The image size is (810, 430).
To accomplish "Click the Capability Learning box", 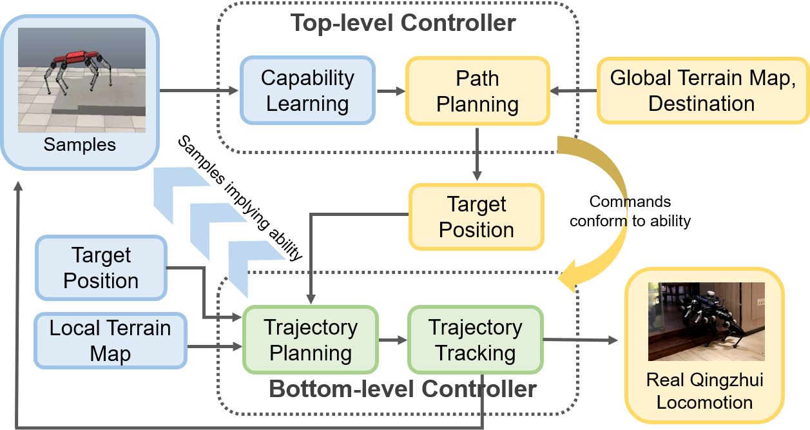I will [307, 91].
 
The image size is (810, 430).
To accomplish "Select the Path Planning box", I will [477, 91].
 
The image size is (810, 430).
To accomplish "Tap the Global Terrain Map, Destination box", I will [702, 91].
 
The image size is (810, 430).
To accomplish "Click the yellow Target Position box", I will [477, 217].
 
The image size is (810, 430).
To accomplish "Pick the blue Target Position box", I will [101, 268].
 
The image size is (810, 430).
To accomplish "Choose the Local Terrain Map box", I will [110, 341].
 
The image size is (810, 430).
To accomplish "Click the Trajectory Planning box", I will [310, 340].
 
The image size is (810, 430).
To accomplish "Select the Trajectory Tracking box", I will [476, 340].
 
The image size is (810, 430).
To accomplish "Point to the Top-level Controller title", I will [403, 23].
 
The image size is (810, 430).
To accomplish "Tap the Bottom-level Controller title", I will [403, 389].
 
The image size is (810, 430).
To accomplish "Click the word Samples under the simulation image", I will [80, 144].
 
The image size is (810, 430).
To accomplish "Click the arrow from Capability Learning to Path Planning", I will [389, 92].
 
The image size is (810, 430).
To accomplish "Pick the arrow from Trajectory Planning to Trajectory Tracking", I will [392, 340].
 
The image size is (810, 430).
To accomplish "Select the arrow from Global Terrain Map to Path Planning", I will [573, 92].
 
